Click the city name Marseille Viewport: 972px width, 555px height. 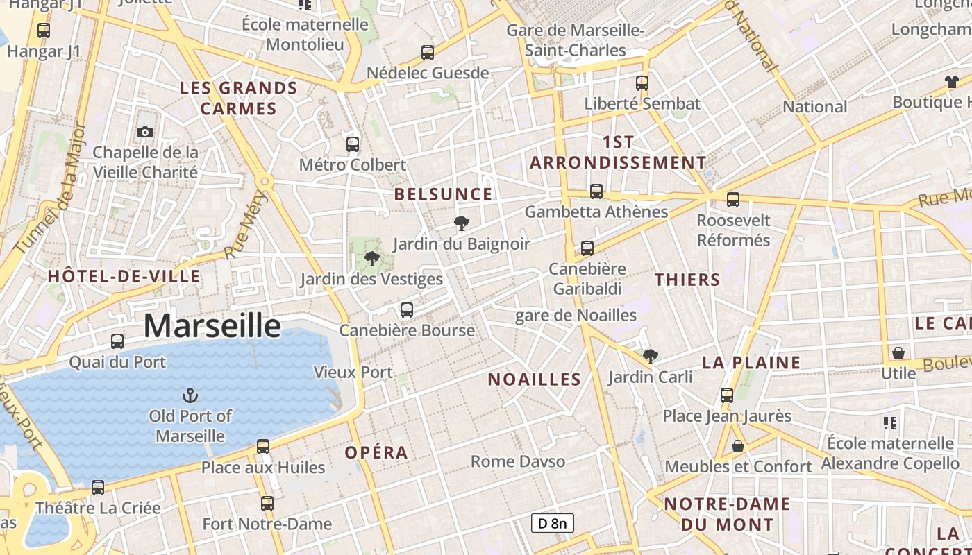(x=212, y=325)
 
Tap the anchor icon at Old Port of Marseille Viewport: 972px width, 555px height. (x=190, y=395)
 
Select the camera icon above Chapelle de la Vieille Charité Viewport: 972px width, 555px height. (x=145, y=132)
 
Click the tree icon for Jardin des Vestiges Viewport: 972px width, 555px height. (x=371, y=259)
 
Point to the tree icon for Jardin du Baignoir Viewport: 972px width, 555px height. (x=461, y=223)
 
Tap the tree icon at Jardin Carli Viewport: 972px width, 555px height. (x=651, y=357)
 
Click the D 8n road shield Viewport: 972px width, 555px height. (x=553, y=523)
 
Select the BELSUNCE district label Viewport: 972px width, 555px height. (x=444, y=194)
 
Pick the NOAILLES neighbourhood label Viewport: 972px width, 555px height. (x=534, y=379)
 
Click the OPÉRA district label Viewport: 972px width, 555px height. (x=376, y=452)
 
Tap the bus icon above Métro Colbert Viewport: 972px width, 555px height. (x=353, y=144)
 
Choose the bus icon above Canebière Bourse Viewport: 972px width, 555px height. (x=407, y=309)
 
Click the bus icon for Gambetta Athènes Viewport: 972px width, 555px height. (x=596, y=191)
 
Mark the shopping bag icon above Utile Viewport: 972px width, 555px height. (x=898, y=353)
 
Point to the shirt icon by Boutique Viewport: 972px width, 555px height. (x=951, y=82)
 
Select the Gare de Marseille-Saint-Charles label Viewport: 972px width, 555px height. (x=576, y=40)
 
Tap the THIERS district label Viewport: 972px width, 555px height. (x=687, y=280)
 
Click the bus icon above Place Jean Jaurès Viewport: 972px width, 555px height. (x=727, y=395)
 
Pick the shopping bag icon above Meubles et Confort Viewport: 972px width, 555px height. (x=738, y=446)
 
